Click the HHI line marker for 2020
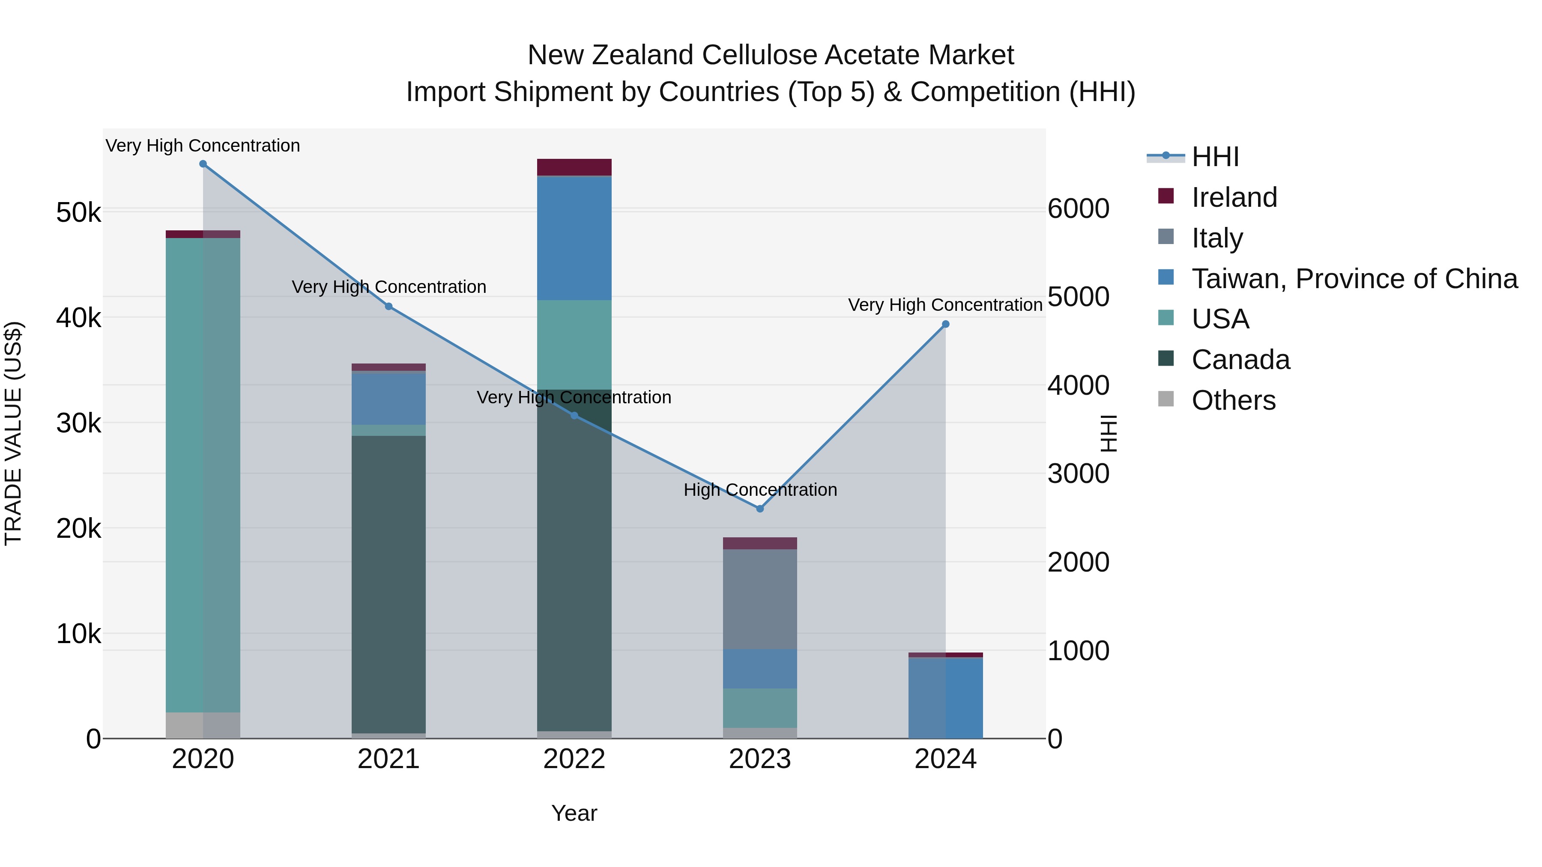pyautogui.click(x=203, y=164)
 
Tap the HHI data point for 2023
pyautogui.click(x=759, y=509)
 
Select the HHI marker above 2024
pyautogui.click(x=945, y=324)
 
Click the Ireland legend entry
pyautogui.click(x=1234, y=197)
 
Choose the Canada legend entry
pyautogui.click(x=1240, y=360)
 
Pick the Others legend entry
pyautogui.click(x=1233, y=400)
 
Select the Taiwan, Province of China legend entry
pyautogui.click(x=1354, y=279)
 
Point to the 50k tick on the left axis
pyautogui.click(x=78, y=212)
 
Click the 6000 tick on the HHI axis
pyautogui.click(x=1078, y=209)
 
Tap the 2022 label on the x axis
pyautogui.click(x=574, y=759)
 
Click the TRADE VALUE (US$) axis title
pyautogui.click(x=13, y=433)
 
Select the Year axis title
pyautogui.click(x=574, y=813)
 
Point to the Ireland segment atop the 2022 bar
pyautogui.click(x=574, y=167)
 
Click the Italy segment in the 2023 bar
pyautogui.click(x=759, y=599)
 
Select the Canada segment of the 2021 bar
pyautogui.click(x=388, y=584)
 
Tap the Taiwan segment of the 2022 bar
pyautogui.click(x=574, y=238)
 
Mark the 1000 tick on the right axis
pyautogui.click(x=1078, y=650)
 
